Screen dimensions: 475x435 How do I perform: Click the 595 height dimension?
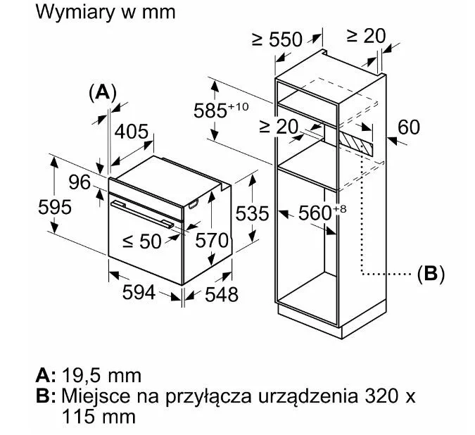pos(55,207)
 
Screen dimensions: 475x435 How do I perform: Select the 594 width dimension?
pos(139,293)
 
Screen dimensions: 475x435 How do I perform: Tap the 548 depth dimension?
pos(222,294)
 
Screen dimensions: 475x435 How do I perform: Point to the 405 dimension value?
pos(132,131)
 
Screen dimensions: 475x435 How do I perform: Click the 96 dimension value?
pos(80,182)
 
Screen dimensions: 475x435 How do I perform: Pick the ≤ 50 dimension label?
pos(141,241)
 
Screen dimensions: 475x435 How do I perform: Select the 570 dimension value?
pos(211,241)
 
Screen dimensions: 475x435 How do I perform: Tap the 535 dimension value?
pos(252,213)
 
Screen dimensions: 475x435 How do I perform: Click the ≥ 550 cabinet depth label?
pos(277,39)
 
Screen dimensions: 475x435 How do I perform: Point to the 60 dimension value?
pos(409,127)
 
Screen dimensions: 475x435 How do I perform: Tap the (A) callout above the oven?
pos(103,92)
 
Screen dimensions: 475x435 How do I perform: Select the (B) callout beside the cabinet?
pos(431,274)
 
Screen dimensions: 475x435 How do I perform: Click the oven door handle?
pos(142,214)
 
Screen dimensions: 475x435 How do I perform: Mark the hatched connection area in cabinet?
pos(356,144)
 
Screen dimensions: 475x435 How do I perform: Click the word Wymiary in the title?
pos(75,13)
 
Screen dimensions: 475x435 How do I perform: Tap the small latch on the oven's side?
pos(194,204)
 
